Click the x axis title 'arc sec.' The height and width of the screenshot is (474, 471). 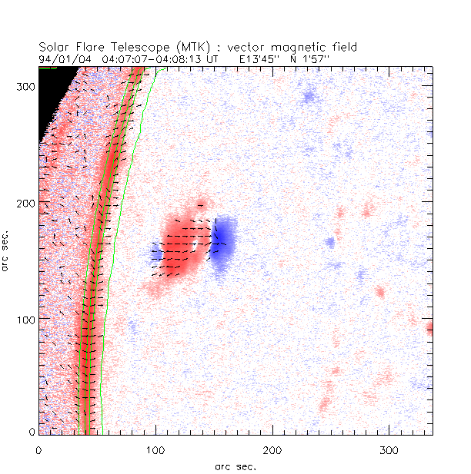[x=235, y=466]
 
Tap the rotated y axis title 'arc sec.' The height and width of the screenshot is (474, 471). [x=7, y=250]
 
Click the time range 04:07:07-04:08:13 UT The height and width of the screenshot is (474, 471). [x=155, y=58]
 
